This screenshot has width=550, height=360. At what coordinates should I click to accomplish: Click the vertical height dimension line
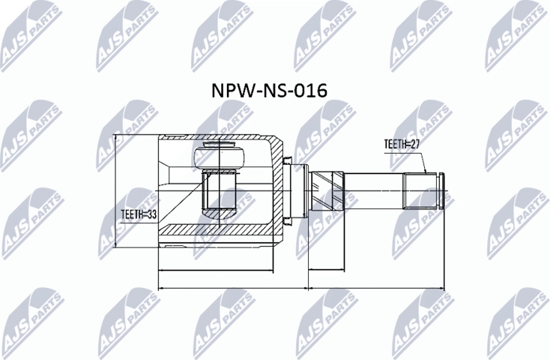(x=115, y=191)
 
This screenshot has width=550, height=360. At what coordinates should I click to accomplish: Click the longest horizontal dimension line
(x=300, y=288)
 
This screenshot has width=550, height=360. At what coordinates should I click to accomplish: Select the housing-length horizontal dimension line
(x=217, y=268)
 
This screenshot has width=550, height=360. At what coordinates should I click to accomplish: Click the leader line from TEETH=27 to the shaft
(x=424, y=159)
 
